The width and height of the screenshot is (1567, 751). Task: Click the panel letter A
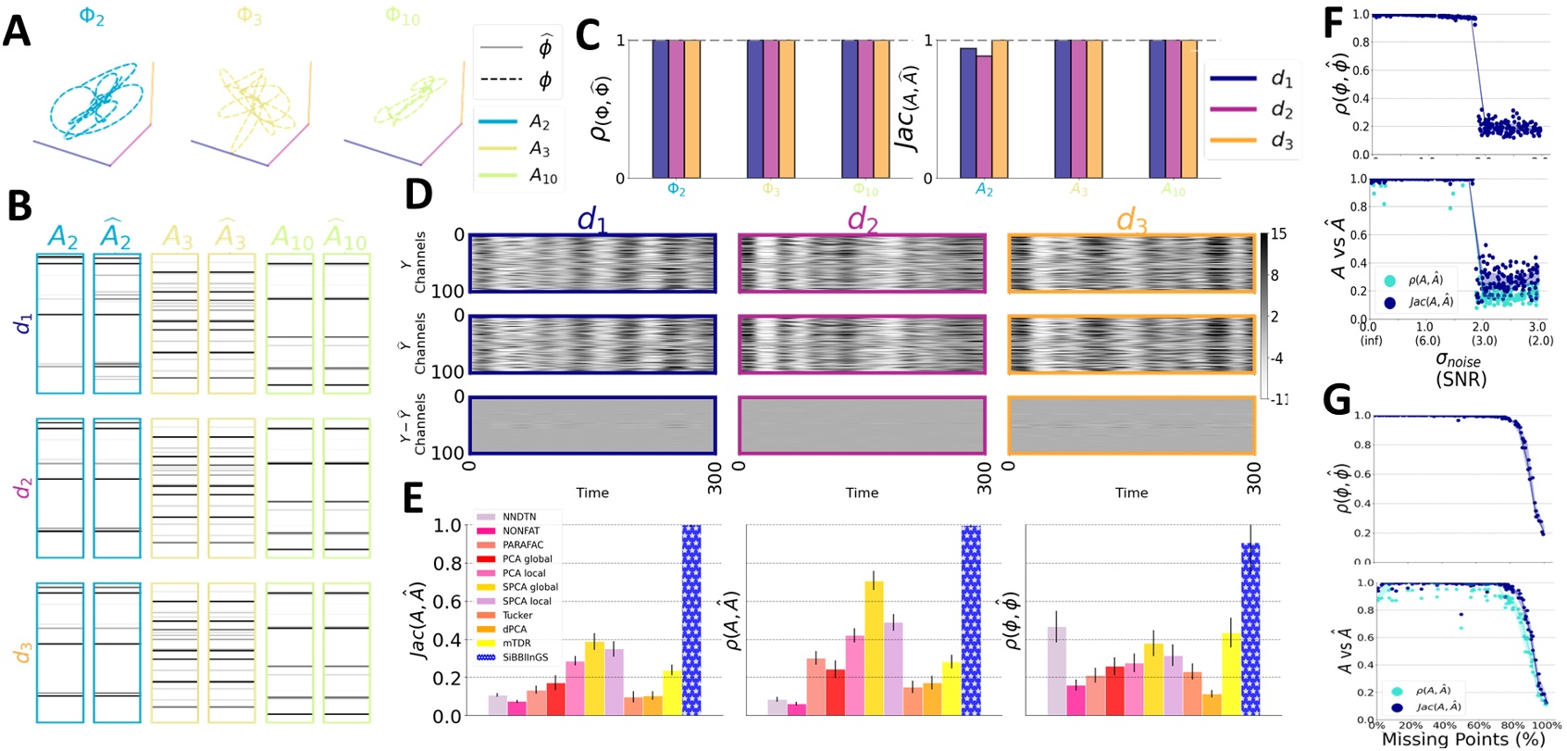[x=17, y=31]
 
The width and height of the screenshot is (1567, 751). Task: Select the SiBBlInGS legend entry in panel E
[x=524, y=657]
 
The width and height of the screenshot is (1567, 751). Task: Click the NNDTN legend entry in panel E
[x=517, y=517]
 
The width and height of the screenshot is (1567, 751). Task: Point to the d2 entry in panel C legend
[x=1280, y=109]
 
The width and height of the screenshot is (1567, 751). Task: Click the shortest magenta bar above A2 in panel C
[x=984, y=117]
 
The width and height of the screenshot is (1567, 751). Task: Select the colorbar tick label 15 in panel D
[x=1278, y=234]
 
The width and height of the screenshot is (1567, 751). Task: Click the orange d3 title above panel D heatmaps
[x=1131, y=220]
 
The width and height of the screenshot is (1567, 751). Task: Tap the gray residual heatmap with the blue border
[x=591, y=425]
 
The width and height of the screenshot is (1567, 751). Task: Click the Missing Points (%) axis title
[x=1462, y=739]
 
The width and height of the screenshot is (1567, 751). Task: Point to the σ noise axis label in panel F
[x=1458, y=359]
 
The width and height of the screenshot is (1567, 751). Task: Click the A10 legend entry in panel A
[x=542, y=176]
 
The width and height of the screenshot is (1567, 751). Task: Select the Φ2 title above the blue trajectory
[x=92, y=16]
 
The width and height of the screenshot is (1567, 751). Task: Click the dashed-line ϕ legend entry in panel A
[x=544, y=80]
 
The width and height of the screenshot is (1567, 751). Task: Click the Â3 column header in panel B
[x=230, y=238]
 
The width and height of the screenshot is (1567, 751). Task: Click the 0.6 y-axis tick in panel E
[x=448, y=602]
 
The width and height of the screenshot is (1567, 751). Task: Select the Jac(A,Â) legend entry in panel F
[x=1430, y=302]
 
